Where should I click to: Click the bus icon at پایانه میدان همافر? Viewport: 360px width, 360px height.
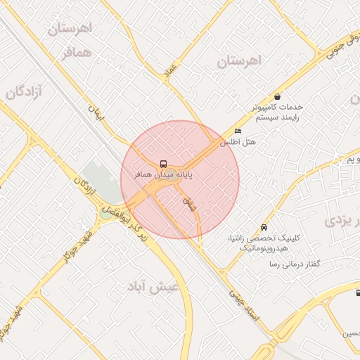pos(163,161)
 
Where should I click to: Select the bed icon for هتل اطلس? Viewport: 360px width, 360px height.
pos(238,131)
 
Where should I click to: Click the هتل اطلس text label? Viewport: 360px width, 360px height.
pos(238,141)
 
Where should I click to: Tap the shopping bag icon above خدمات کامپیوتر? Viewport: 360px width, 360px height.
pos(278,97)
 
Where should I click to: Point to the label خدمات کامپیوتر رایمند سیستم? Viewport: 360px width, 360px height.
pos(278,112)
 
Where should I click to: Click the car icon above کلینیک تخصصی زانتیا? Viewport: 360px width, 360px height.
pos(263,228)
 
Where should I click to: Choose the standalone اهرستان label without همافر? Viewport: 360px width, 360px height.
pos(238,61)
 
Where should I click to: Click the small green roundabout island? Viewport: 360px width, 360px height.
pos(106,214)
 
